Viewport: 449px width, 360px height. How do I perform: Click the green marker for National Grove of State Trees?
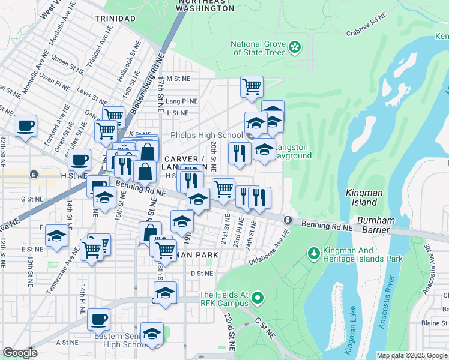pyautogui.click(x=295, y=47)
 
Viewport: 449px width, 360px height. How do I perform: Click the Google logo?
pyautogui.click(x=20, y=353)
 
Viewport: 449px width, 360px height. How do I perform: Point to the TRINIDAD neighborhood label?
pyautogui.click(x=115, y=19)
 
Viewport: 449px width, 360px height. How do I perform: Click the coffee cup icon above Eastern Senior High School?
pyautogui.click(x=98, y=320)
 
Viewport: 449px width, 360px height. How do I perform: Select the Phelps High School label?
pyautogui.click(x=214, y=136)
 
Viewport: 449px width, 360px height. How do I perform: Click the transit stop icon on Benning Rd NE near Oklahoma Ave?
pyautogui.click(x=288, y=220)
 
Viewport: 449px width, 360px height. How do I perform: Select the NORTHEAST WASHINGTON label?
pyautogui.click(x=205, y=5)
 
